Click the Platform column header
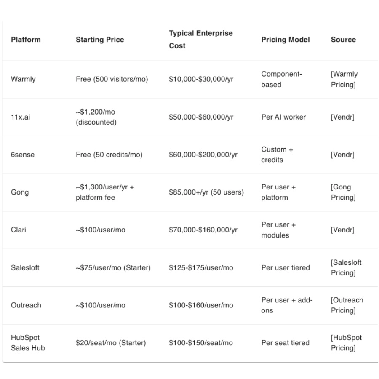(x=26, y=40)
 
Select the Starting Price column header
(x=100, y=40)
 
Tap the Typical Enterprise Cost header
(x=201, y=39)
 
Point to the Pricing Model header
(x=285, y=40)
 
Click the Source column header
(x=343, y=40)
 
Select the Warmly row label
(x=23, y=79)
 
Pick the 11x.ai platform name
(x=20, y=117)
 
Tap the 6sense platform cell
(x=23, y=155)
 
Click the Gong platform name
(x=20, y=192)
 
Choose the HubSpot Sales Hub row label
(x=28, y=343)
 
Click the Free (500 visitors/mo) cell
(x=112, y=79)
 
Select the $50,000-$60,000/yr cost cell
(x=201, y=117)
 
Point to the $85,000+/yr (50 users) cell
(x=206, y=192)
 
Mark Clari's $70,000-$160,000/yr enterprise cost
(x=203, y=230)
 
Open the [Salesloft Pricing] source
(x=346, y=267)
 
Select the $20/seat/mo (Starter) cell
(x=111, y=343)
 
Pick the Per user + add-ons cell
(x=287, y=305)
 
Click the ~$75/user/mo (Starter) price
(x=113, y=267)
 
